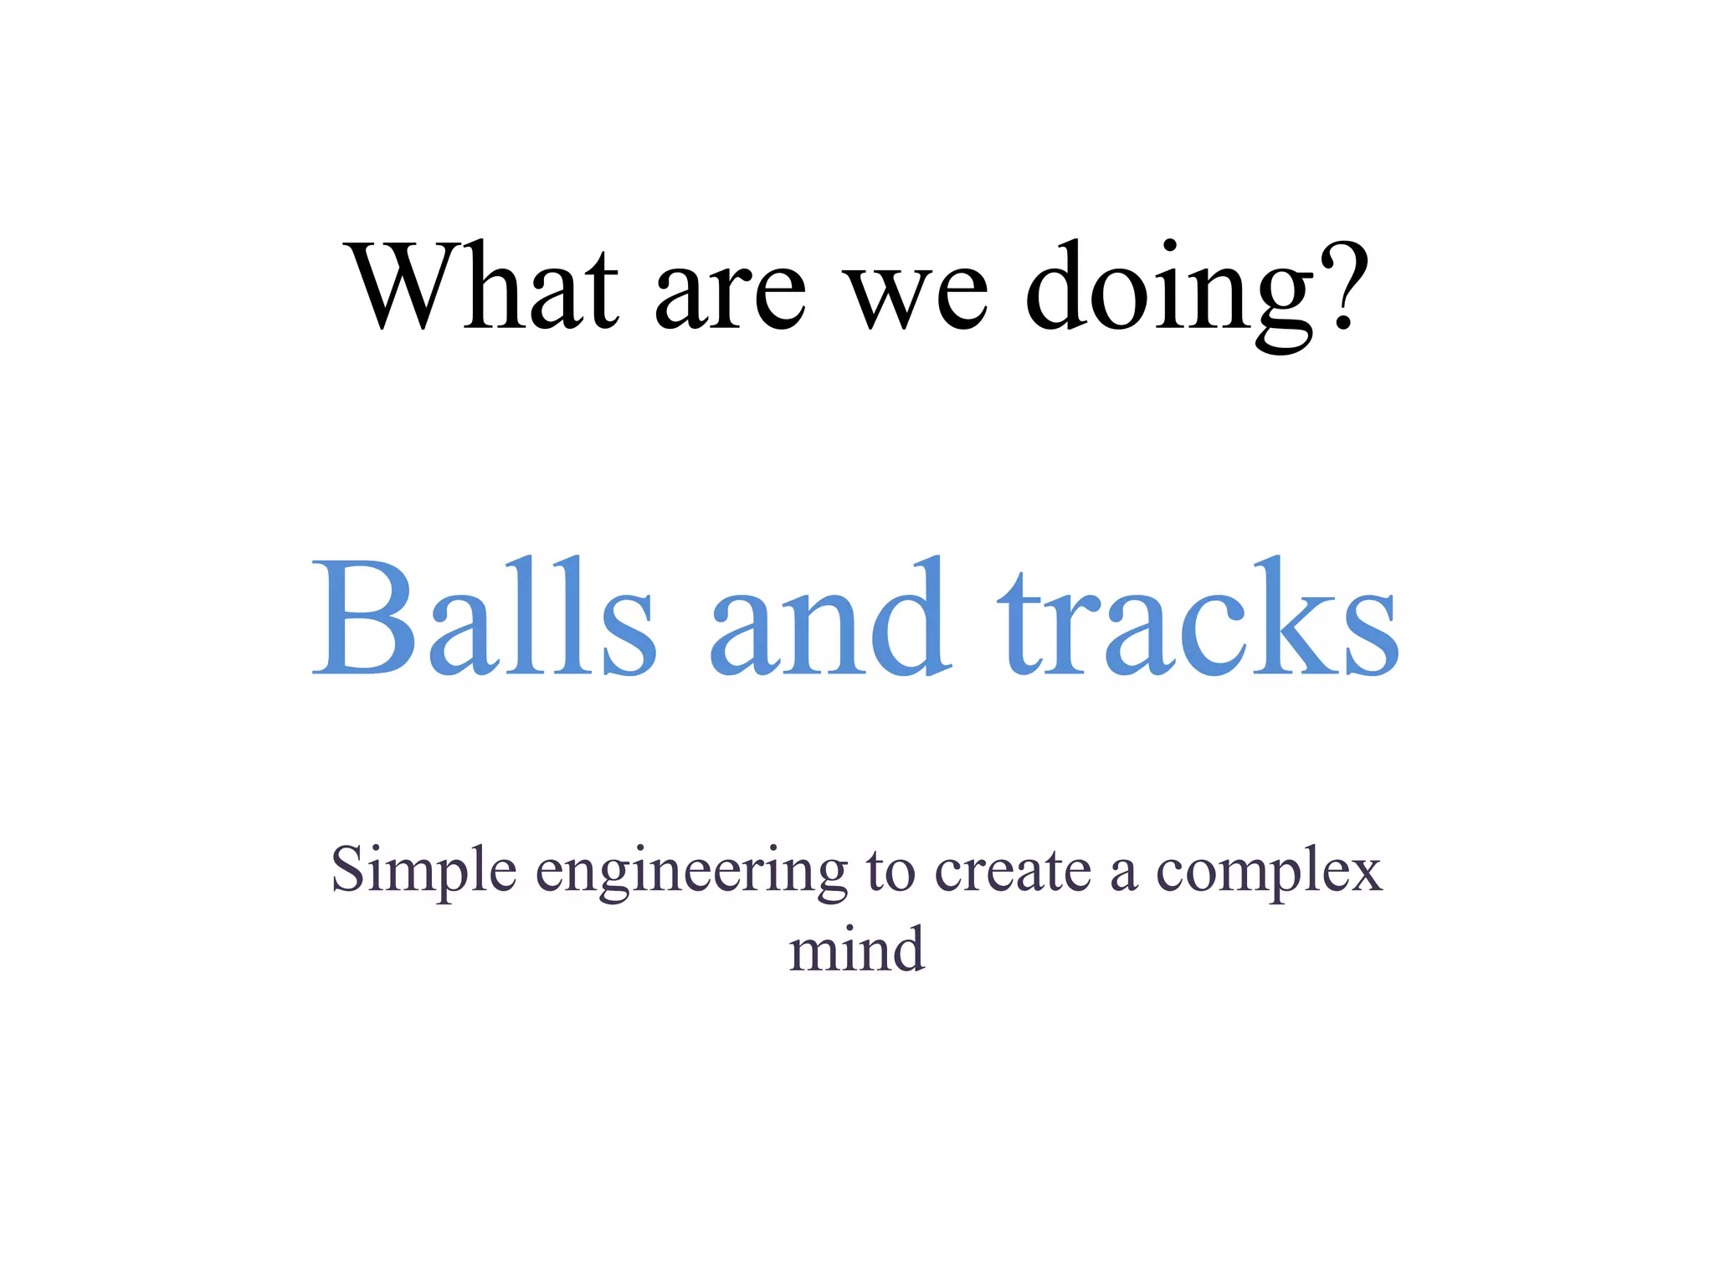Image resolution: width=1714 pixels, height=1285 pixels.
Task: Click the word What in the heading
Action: coord(484,286)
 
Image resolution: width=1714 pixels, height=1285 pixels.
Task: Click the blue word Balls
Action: coord(484,617)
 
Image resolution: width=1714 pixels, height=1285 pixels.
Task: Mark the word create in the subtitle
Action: coord(1013,872)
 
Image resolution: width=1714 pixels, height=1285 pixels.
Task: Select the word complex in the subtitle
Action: coord(1269,875)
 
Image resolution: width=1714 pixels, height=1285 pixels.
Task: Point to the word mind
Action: coord(857,950)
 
